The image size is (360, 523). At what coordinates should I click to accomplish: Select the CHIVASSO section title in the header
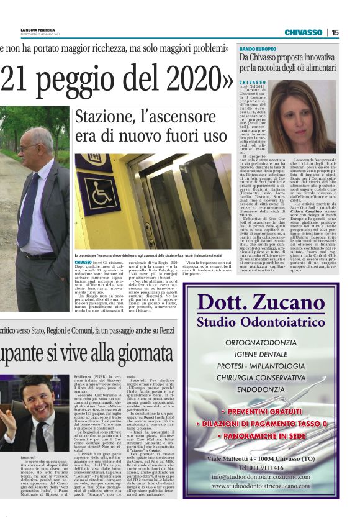coord(303,32)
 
